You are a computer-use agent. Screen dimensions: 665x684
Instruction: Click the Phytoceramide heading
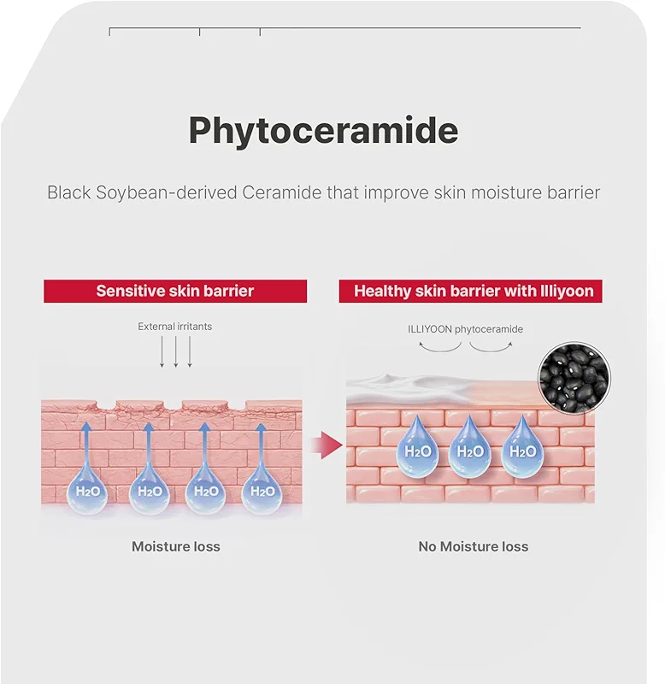pos(323,131)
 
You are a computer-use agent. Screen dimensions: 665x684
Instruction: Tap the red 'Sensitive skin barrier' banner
pos(175,291)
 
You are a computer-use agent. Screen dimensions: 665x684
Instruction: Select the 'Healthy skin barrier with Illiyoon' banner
pos(470,291)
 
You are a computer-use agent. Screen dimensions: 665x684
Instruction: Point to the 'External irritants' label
pos(175,327)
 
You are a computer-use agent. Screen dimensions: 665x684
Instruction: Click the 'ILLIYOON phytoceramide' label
pos(465,329)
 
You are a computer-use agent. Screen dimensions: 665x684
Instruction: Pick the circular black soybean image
pos(574,378)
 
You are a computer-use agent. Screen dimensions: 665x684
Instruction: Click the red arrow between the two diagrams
pos(327,445)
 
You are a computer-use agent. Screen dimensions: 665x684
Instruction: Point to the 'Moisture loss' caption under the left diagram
pos(176,546)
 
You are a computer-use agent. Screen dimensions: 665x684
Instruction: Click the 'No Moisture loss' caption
pos(474,546)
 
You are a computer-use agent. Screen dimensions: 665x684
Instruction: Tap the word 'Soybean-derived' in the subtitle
pos(166,193)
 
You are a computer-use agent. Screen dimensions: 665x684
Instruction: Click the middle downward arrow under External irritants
pos(176,351)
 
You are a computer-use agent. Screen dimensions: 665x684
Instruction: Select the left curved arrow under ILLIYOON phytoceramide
pos(439,347)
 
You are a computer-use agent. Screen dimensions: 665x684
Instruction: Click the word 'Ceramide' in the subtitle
pos(282,193)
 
